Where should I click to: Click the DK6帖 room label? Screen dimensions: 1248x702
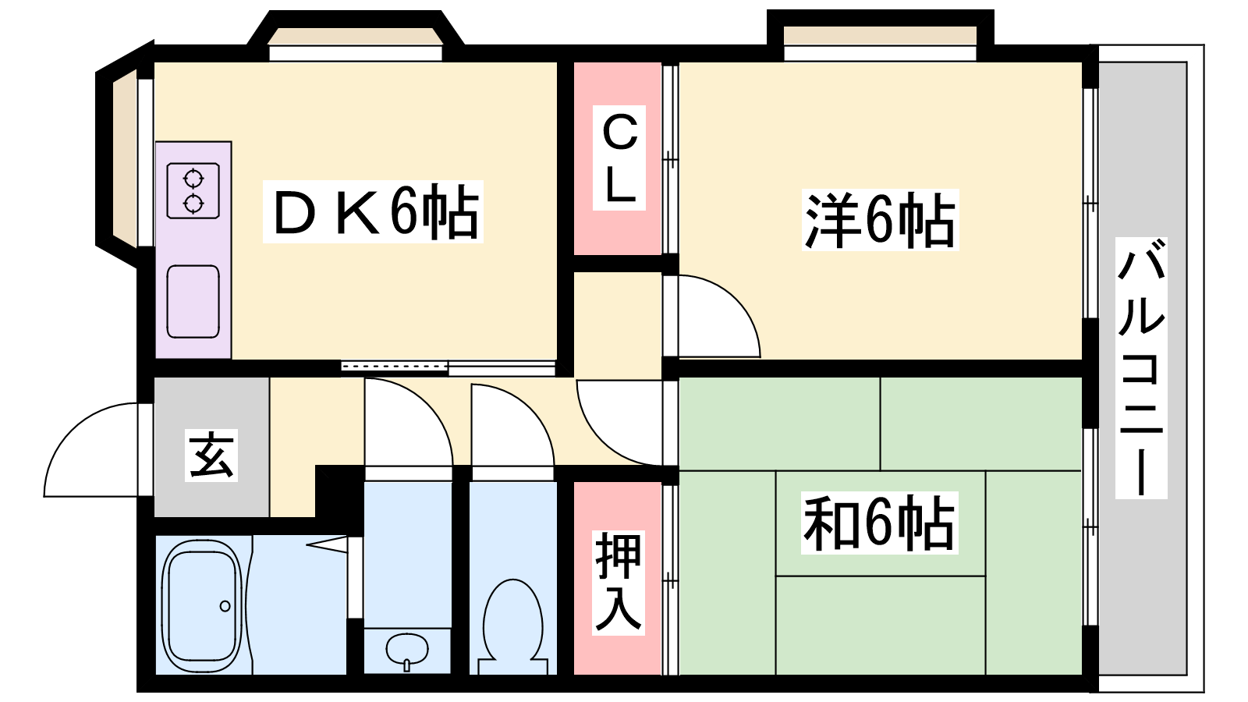tap(374, 211)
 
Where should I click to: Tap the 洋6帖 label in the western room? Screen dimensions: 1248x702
tap(881, 220)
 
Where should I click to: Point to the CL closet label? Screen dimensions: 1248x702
tap(619, 158)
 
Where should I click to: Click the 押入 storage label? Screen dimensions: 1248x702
tap(619, 583)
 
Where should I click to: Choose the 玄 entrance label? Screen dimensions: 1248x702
tap(211, 456)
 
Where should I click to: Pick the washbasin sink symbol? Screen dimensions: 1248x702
tap(407, 650)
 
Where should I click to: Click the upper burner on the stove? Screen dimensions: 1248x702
tap(193, 179)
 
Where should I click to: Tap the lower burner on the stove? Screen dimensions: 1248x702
tap(193, 204)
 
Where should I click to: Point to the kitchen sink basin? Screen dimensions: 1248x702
tap(193, 301)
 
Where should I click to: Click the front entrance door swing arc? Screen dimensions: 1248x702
tap(90, 449)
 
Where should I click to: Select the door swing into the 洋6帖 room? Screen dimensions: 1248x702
tap(711, 316)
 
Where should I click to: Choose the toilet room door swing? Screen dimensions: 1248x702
tap(512, 424)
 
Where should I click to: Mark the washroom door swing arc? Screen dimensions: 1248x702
tap(409, 422)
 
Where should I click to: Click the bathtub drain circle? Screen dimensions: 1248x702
tap(225, 605)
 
